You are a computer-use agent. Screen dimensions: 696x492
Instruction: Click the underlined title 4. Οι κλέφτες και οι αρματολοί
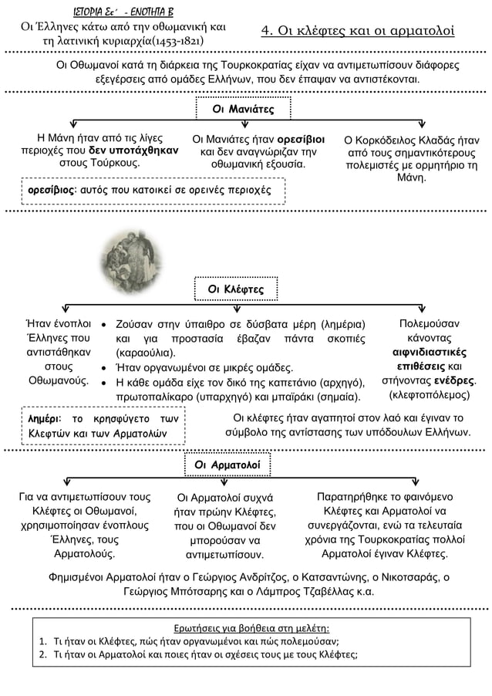pyautogui.click(x=358, y=31)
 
